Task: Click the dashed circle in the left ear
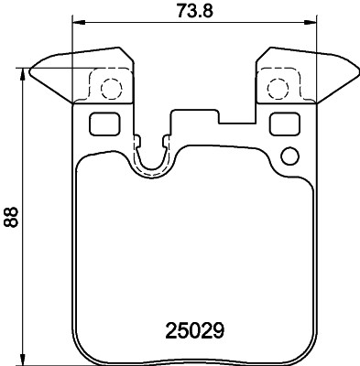pyautogui.click(x=110, y=89)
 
